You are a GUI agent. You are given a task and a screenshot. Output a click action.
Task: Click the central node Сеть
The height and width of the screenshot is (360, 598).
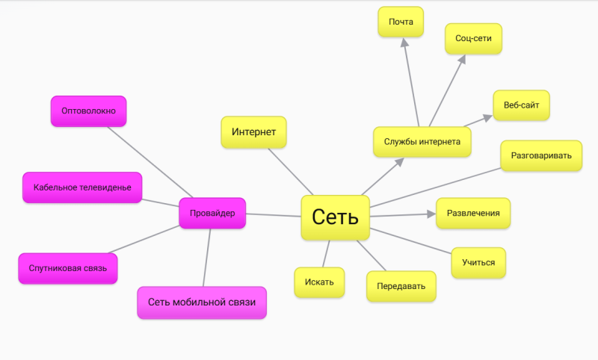point(335,217)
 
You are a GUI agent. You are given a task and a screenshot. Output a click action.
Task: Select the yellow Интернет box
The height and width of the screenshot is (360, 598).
point(254,132)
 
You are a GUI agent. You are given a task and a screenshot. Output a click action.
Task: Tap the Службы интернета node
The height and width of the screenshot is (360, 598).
point(422,141)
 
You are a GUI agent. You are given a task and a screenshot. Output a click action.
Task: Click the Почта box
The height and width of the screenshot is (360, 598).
point(401,22)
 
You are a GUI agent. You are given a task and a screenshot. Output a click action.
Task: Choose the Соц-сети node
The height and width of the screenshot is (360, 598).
point(473,38)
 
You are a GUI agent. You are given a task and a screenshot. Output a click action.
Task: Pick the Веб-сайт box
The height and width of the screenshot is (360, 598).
point(521,105)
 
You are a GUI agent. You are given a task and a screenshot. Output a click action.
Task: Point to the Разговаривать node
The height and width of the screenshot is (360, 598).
point(541,156)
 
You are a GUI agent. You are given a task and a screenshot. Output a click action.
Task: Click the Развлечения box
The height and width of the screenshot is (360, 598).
point(473,213)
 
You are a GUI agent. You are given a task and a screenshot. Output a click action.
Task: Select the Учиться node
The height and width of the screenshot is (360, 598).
point(478,262)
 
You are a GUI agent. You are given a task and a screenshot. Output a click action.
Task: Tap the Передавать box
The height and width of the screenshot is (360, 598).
point(401,285)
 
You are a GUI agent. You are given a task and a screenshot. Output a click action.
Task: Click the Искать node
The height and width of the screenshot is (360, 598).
point(319,282)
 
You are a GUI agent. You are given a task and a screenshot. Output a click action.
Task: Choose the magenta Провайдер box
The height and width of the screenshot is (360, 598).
point(213,213)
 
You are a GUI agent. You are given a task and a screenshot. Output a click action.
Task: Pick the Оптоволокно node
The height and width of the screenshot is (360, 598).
point(88,111)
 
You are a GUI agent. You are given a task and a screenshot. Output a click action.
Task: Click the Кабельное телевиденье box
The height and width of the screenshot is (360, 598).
point(82,187)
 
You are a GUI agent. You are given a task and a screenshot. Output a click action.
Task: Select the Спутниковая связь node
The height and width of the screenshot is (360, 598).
point(68,268)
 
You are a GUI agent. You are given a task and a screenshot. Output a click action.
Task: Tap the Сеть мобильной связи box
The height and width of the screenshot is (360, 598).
point(202,302)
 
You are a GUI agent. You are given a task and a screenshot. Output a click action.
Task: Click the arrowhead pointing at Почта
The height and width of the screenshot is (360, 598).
point(404,43)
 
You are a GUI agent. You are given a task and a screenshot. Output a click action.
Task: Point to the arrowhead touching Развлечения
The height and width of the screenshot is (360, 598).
point(431,214)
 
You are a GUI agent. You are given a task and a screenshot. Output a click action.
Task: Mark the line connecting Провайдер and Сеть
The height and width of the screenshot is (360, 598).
point(274,215)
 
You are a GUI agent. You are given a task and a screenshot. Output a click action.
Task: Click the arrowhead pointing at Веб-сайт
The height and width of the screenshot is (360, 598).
point(487,117)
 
